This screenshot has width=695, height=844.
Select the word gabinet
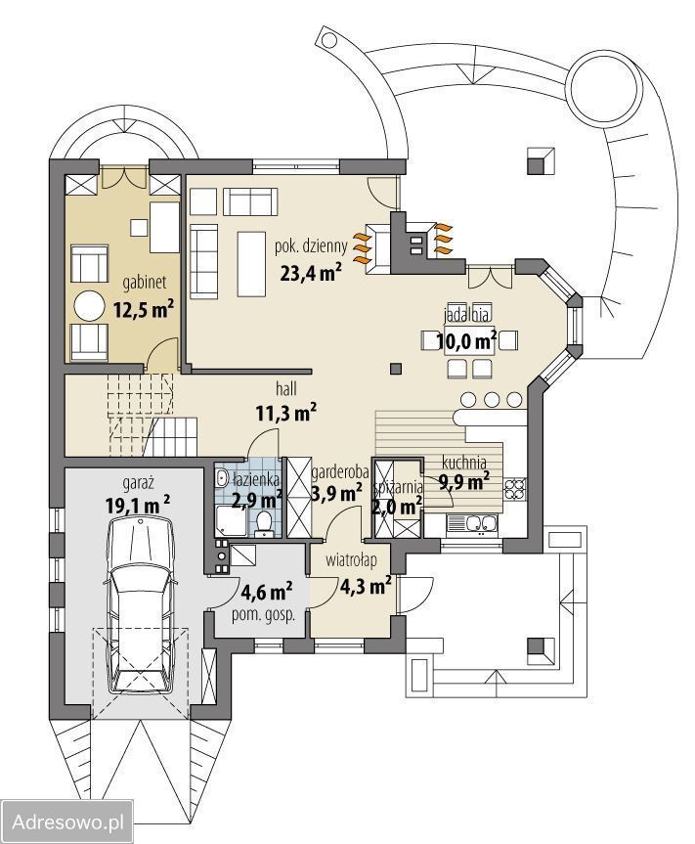144,283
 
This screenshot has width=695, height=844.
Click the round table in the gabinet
88,307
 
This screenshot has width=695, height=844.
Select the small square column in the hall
396,368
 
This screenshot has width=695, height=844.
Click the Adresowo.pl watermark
67,822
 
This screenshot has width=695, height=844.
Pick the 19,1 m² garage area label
138,505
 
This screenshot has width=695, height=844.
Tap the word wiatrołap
351,560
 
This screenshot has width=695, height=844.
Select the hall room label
285,388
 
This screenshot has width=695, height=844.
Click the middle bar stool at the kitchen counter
491,399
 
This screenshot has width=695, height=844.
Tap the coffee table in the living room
251,264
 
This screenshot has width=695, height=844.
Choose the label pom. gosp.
263,616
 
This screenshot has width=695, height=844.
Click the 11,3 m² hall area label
285,414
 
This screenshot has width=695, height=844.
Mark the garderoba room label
340,472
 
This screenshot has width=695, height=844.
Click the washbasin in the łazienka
222,477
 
